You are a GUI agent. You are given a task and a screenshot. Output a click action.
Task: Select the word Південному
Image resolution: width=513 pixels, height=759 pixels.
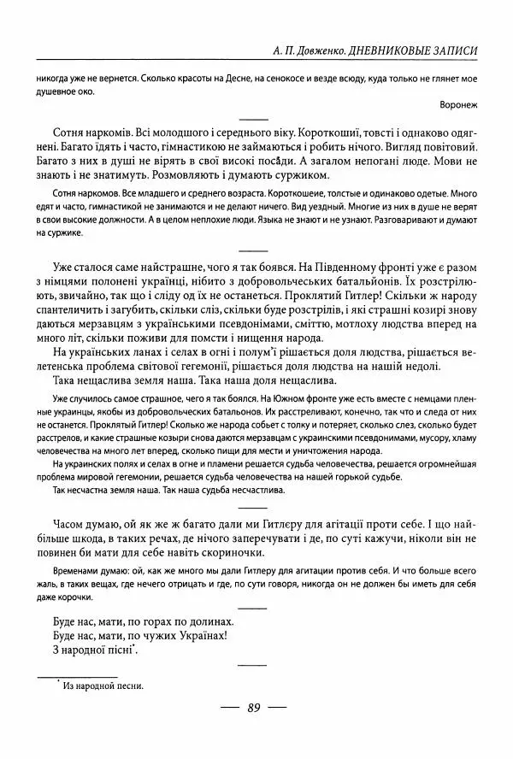coord(353,273)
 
